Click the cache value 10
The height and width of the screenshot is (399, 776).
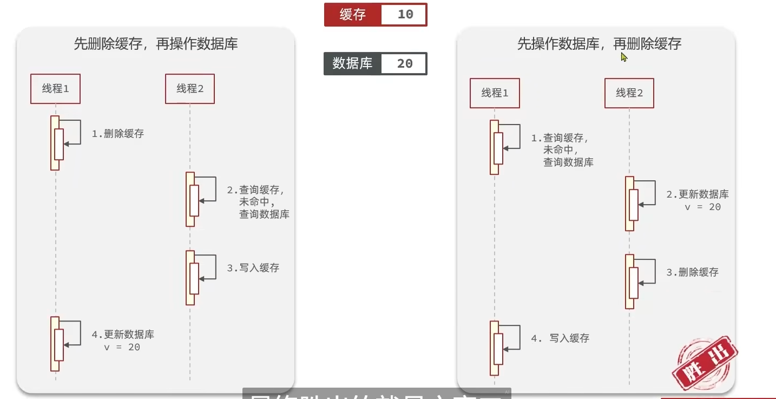point(404,15)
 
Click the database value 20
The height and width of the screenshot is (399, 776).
point(404,63)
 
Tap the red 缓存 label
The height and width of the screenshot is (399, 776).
point(353,15)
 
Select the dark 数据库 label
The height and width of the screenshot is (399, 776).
point(353,63)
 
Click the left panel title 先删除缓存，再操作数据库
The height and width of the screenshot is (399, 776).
point(156,44)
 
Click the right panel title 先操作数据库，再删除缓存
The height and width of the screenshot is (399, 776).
point(599,44)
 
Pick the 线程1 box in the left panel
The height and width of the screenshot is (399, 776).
point(55,89)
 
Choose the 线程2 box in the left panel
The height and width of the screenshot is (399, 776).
point(190,89)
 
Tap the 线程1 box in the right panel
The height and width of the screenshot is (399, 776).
point(495,93)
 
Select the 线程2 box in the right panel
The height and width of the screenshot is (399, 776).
point(629,93)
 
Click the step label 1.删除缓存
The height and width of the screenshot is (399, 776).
point(118,134)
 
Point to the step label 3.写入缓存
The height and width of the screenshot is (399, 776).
point(253,268)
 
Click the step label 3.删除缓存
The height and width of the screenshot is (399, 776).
point(692,272)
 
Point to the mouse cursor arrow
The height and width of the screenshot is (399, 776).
point(623,57)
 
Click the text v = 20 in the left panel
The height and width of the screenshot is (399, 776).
point(122,347)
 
